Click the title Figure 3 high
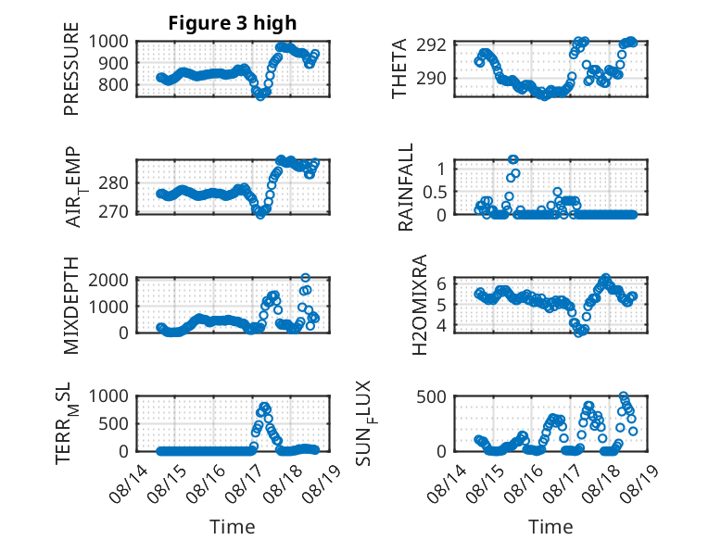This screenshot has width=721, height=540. click(x=233, y=23)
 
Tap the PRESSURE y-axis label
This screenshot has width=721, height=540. click(x=71, y=69)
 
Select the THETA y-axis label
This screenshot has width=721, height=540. click(x=399, y=69)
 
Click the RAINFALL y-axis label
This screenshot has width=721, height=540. click(x=406, y=187)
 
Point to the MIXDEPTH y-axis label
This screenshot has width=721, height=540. click(x=71, y=306)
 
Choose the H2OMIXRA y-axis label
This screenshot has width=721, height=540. click(x=420, y=305)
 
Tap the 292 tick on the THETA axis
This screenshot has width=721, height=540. click(x=431, y=45)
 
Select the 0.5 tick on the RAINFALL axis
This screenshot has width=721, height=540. click(x=435, y=192)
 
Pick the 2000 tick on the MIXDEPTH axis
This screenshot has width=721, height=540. click(x=108, y=280)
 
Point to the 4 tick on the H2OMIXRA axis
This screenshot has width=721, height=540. click(x=442, y=325)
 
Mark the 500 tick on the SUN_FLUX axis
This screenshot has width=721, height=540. click(x=431, y=396)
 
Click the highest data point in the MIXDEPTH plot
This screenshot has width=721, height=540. click(x=305, y=278)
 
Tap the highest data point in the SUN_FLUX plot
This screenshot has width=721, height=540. click(x=624, y=396)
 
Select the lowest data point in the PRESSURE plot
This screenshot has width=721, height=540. click(x=260, y=96)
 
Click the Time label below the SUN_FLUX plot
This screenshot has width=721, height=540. click(x=550, y=526)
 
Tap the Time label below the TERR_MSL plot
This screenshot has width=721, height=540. click(x=233, y=526)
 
